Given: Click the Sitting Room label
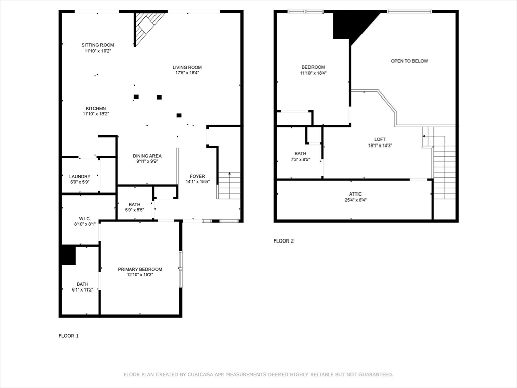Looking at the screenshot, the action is pos(97,45).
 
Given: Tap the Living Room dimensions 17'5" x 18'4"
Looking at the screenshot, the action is pos(187,73).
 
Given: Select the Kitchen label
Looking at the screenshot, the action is pos(95,108).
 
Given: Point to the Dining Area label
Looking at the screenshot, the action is pos(147,156).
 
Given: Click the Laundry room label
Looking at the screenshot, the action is pos(80,176).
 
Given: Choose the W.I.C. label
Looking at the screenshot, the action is pos(85,218).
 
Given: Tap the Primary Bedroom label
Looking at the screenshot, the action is pos(140,269).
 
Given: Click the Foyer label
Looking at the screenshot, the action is pos(197,176).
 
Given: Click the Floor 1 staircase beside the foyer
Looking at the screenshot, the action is pos(229,185).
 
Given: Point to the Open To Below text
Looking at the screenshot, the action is pos(409,61).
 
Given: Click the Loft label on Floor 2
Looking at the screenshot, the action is pos(380,139).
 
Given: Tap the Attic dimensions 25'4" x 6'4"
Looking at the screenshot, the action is pos(355,200).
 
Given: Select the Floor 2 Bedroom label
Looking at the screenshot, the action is pos(313,67).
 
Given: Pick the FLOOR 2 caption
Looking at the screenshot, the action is pos(284,241).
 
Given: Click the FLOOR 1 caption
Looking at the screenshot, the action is pos(69,336).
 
